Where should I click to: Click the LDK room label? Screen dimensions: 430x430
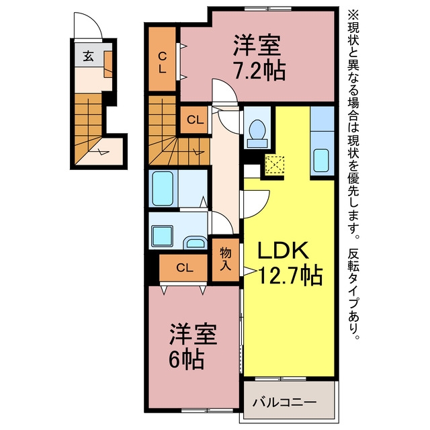284,250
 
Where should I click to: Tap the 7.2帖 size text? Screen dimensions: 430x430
259,71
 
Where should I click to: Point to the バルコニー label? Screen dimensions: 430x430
284,402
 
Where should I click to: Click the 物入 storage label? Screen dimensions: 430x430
226,259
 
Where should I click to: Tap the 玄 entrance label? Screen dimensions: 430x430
88,56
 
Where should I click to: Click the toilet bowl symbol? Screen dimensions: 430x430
257,128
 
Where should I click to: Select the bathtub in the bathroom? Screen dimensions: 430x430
163,188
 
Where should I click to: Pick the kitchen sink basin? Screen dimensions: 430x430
321,160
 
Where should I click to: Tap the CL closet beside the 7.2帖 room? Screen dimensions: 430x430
162,58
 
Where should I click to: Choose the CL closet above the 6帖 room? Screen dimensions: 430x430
183,267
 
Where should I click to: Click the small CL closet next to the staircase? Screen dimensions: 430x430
194,120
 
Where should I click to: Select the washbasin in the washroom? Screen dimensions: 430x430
195,243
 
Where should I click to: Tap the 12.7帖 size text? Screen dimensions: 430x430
290,275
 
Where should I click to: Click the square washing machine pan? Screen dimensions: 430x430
163,236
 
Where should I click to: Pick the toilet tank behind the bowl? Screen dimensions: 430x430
257,143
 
